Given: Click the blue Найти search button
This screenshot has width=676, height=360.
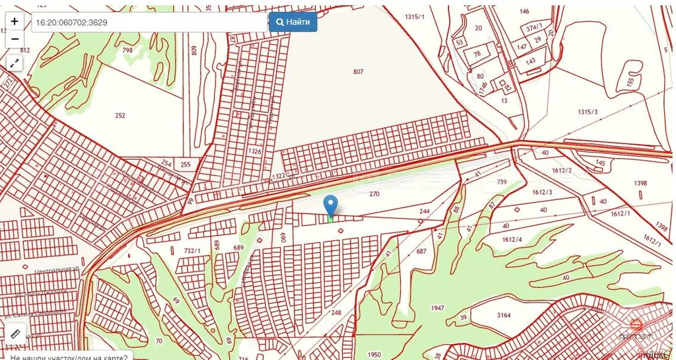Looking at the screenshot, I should tap(293, 22).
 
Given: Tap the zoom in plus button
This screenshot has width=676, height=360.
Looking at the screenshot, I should tap(15, 21).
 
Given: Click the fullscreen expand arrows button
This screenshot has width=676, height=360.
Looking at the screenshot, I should tap(15, 63).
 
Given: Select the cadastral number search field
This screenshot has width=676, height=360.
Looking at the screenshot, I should tap(149, 22).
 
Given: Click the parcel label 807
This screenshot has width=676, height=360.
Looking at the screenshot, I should tap(358, 71).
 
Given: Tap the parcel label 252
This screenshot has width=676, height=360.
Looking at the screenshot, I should tap(119, 116).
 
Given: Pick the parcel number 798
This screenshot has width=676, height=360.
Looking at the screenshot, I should tap(127, 50).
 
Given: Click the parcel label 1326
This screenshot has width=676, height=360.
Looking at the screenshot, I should tap(254, 151).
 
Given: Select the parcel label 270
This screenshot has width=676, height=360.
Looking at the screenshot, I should tap(374, 194).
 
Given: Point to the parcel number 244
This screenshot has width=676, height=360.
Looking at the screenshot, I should tap(424, 211).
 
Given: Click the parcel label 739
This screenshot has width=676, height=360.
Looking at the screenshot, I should tap(502, 182).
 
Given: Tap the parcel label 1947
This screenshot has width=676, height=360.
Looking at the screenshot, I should tap(437, 308).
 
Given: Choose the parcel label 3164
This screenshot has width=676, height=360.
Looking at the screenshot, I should tap(504, 315).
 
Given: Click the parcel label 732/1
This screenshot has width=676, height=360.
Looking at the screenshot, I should tap(192, 250).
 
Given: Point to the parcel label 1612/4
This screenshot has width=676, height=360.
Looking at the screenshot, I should tap(512, 240).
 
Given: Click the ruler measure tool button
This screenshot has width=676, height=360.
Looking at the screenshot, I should tap(15, 334).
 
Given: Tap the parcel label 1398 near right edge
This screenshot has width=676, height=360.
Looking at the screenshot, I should tap(639, 183).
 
